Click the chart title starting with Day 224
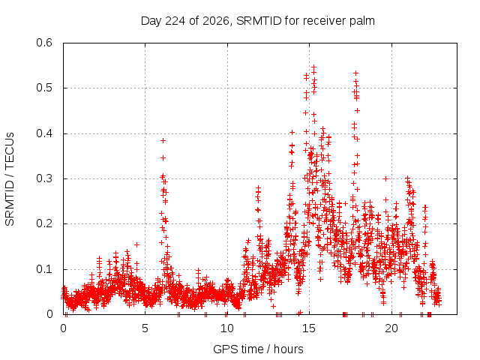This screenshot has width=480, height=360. point(258,21)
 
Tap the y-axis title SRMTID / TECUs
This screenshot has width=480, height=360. point(10,179)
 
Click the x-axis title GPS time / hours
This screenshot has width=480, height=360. point(258,349)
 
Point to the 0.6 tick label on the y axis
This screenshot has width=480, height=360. point(44,43)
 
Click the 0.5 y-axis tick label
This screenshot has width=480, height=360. point(44,88)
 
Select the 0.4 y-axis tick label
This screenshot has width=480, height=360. point(44,133)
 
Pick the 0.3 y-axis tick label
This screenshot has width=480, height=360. point(44,178)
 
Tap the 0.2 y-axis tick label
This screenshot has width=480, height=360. point(44,223)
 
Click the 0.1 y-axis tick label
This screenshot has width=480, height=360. point(44,269)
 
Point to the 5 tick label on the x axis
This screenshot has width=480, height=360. point(145,328)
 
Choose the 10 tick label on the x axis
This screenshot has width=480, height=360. point(227,328)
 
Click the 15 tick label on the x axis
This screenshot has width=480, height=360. point(309,328)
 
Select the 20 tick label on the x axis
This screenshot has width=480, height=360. point(391,328)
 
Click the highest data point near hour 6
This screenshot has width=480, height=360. point(163,140)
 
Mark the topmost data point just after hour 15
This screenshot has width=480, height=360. point(313,67)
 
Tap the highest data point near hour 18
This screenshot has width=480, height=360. point(355,73)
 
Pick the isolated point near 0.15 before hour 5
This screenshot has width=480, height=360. point(136,244)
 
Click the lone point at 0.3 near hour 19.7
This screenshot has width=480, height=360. point(385,178)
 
